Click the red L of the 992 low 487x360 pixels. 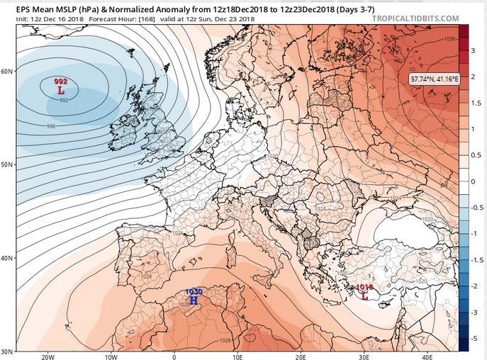60,91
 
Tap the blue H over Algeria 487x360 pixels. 194,300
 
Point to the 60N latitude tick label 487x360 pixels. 8,72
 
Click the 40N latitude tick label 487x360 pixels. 8,258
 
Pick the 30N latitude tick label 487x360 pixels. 8,352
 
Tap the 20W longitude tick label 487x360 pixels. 47,356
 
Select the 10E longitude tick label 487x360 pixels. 237,356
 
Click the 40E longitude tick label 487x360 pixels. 427,356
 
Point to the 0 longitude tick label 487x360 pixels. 174,356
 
